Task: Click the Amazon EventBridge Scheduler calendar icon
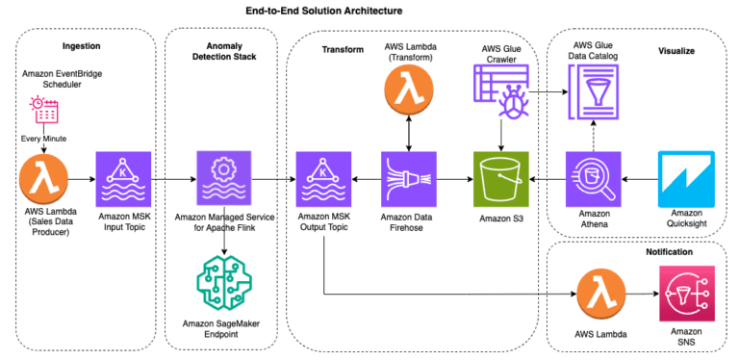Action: tap(45, 113)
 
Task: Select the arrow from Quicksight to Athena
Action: tap(639, 179)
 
